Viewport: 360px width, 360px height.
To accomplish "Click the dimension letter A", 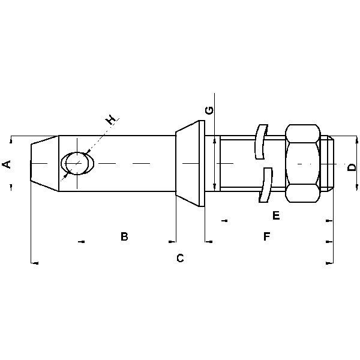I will [7, 164].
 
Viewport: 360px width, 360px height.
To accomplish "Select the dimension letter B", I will [124, 237].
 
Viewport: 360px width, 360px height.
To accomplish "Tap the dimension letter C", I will [179, 259].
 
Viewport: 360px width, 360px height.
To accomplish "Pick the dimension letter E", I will [276, 215].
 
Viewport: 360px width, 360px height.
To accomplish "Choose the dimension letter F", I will [266, 237].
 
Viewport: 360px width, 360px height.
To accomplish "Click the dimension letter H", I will [111, 121].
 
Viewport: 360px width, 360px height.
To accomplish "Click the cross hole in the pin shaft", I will [78, 163].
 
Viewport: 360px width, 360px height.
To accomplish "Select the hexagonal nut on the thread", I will [302, 163].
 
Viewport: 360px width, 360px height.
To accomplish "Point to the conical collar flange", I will [191, 163].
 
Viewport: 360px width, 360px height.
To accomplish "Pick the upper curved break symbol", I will [260, 142].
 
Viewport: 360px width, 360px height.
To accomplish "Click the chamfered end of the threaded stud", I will [329, 163].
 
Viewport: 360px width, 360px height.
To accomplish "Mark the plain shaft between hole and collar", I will [135, 163].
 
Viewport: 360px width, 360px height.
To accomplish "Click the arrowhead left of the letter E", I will [224, 220].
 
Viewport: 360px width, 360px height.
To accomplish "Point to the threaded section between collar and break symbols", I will [237, 163].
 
